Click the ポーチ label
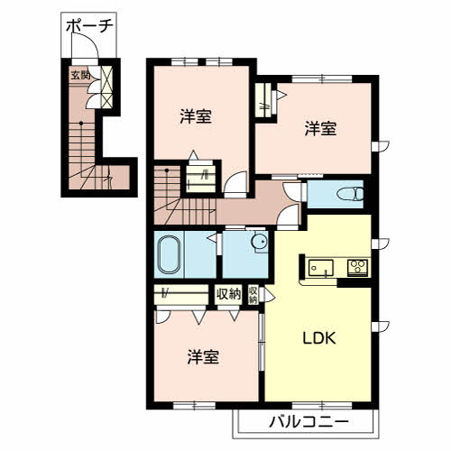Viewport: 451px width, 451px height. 89,26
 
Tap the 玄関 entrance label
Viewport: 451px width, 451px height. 80,75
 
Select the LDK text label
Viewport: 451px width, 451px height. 318,339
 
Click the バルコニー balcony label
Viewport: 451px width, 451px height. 308,422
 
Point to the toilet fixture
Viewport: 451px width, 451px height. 350,194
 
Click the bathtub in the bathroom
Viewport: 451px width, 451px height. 170,254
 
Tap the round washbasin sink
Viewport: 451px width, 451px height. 259,242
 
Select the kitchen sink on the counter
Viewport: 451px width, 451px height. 321,268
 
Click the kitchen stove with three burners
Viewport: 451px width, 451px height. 357,267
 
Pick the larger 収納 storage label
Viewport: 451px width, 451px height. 229,294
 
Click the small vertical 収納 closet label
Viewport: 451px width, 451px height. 253,295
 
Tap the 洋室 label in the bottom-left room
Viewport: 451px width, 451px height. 203,357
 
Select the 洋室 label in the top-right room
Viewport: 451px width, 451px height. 320,128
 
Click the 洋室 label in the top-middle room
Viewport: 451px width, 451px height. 196,116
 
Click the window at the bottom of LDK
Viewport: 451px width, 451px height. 322,406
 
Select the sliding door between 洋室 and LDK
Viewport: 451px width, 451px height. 262,342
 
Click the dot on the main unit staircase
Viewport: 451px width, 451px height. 167,170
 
